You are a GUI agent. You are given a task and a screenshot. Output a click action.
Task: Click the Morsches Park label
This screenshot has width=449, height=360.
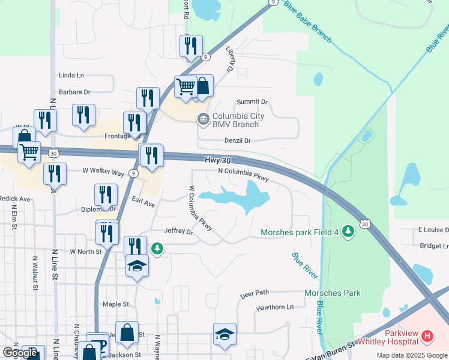tap(333, 293)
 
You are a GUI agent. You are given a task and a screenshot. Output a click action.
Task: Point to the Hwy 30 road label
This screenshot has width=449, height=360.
tap(217, 160)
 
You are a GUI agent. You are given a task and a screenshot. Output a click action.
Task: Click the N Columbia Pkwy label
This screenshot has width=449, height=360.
tap(243, 175)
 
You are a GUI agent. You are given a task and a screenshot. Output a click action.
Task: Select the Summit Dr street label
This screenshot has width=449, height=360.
tap(252, 102)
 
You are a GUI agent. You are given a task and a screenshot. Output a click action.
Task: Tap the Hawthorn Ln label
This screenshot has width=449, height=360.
tap(275, 307)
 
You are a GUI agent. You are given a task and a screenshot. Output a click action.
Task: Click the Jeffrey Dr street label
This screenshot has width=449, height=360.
tap(178, 230)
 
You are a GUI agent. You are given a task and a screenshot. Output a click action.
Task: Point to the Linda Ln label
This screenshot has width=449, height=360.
tap(71, 76)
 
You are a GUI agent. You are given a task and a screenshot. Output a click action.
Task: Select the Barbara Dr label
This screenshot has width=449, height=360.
tap(74, 92)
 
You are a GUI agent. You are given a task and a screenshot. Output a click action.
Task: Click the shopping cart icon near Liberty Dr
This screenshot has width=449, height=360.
tap(185, 86)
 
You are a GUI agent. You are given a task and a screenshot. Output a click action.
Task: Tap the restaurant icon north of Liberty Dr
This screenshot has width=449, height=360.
tap(191, 45)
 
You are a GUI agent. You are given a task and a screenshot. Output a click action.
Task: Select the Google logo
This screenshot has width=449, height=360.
tap(20, 353)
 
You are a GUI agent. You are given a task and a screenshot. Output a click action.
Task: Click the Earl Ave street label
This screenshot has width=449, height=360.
tap(143, 203)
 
